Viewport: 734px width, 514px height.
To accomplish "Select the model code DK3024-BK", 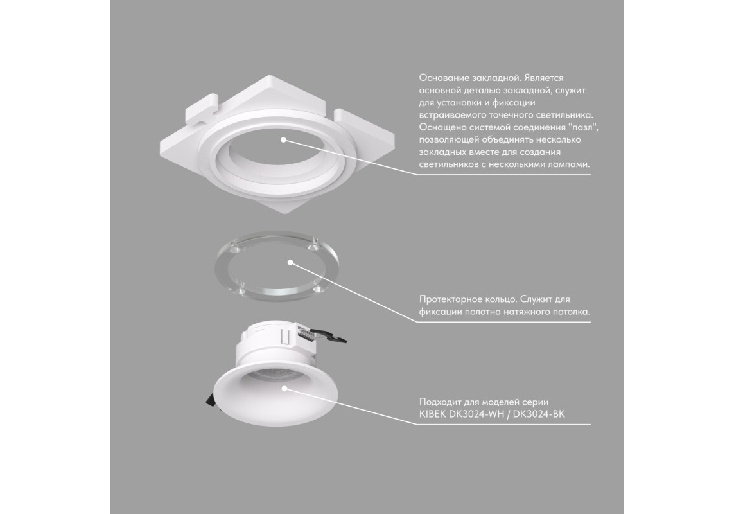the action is click(539, 414).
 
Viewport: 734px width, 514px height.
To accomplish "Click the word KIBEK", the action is click(433, 414).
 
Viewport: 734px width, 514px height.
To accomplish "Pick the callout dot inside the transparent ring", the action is click(290, 262).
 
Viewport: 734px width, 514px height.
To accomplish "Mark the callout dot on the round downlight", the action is click(284, 388).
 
